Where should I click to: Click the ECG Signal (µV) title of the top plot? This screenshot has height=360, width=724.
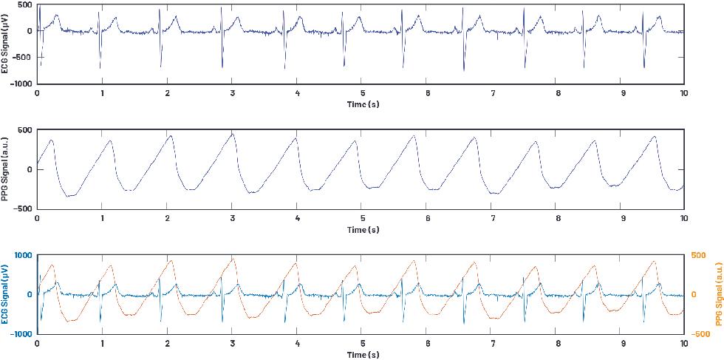(x=6, y=44)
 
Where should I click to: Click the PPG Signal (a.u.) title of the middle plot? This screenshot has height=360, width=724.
(x=6, y=169)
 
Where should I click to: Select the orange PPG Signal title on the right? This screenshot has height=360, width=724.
(x=717, y=293)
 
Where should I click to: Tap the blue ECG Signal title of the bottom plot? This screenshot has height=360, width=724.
(x=6, y=293)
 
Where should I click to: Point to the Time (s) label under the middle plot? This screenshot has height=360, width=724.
(x=363, y=230)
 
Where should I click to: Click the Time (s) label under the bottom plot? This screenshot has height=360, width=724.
(x=363, y=355)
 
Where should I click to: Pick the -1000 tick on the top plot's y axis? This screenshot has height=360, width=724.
(x=19, y=84)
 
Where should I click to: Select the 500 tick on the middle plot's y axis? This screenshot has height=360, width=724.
(x=24, y=130)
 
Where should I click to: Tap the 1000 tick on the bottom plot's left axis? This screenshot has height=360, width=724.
(x=23, y=255)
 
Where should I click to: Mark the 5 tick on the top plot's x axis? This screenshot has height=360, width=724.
(x=363, y=94)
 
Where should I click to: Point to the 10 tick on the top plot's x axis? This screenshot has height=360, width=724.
(x=684, y=94)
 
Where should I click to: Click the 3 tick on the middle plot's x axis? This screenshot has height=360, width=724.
(x=232, y=219)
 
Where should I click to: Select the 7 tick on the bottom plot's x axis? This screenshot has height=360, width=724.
(x=493, y=344)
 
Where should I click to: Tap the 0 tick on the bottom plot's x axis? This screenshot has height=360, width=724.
(x=37, y=344)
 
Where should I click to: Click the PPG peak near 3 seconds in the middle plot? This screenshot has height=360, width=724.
(x=233, y=134)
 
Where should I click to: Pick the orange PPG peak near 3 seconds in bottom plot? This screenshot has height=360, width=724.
(x=233, y=259)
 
